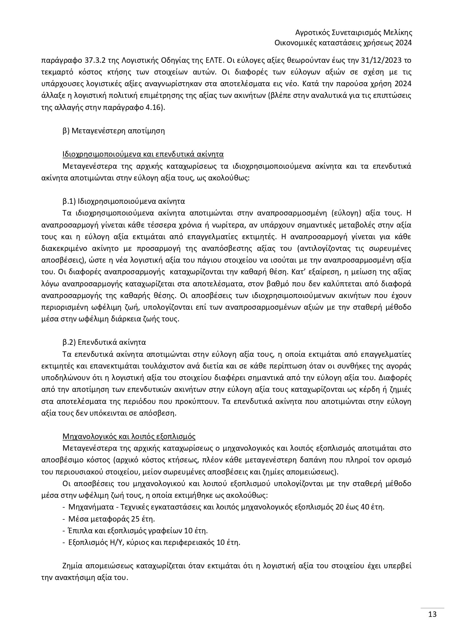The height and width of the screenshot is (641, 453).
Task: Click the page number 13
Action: (432, 614)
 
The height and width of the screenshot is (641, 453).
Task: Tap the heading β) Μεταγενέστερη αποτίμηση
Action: (114, 131)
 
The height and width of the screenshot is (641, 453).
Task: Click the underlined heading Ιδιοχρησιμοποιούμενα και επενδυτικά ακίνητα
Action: (143, 154)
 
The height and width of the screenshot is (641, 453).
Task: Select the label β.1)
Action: (69, 201)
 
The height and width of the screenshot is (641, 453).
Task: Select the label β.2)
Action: (69, 343)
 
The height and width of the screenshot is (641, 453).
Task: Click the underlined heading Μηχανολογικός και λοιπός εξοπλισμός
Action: (129, 436)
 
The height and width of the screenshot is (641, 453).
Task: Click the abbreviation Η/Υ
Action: (115, 542)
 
